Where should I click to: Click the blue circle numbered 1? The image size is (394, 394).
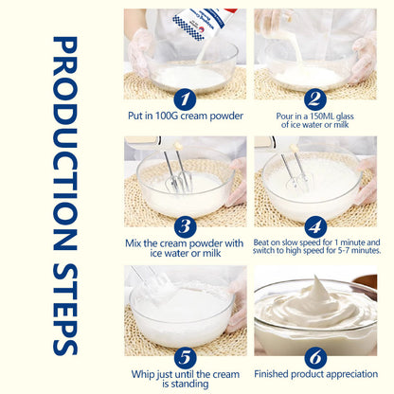click(185, 98)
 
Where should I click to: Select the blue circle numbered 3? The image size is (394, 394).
click(185, 226)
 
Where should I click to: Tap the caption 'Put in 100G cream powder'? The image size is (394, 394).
click(185, 115)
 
